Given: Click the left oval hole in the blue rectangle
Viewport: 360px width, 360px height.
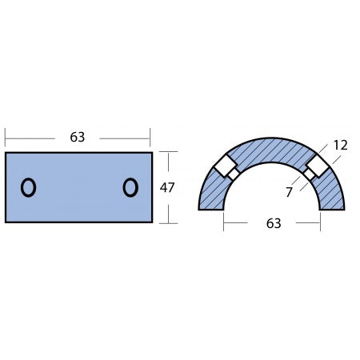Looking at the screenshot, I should click(28, 188).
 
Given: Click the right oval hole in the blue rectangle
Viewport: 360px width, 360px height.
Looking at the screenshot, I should click(130, 188).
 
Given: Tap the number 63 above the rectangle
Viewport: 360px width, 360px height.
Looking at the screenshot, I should click(78, 137).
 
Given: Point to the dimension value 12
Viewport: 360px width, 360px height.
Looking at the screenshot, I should click(341, 145).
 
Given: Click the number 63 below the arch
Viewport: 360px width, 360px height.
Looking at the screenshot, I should click(274, 224).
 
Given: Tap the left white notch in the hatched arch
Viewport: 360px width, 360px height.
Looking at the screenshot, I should click(225, 167).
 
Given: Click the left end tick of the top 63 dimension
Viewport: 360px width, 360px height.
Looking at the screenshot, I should click(5, 137).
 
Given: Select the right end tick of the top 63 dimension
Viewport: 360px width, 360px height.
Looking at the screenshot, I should click(151, 137).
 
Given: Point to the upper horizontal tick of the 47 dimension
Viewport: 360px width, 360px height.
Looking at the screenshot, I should click(167, 152).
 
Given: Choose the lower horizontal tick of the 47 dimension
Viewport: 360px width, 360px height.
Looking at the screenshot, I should click(167, 222).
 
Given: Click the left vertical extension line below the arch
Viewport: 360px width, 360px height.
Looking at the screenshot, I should click(224, 220).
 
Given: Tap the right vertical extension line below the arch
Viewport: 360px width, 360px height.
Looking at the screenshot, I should click(320, 220).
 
